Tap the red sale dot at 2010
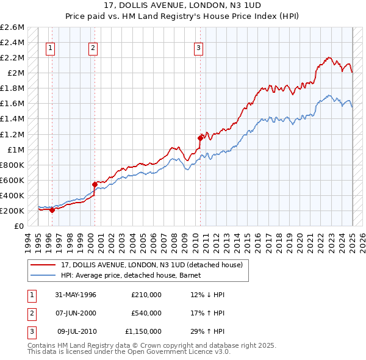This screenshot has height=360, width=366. coord(200,138)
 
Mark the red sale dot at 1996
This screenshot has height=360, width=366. coord(52,210)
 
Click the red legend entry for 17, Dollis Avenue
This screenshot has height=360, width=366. coord(152,265)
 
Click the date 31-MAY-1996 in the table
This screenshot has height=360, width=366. coord(76,295)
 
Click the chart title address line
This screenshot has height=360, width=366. coord(182,6)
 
